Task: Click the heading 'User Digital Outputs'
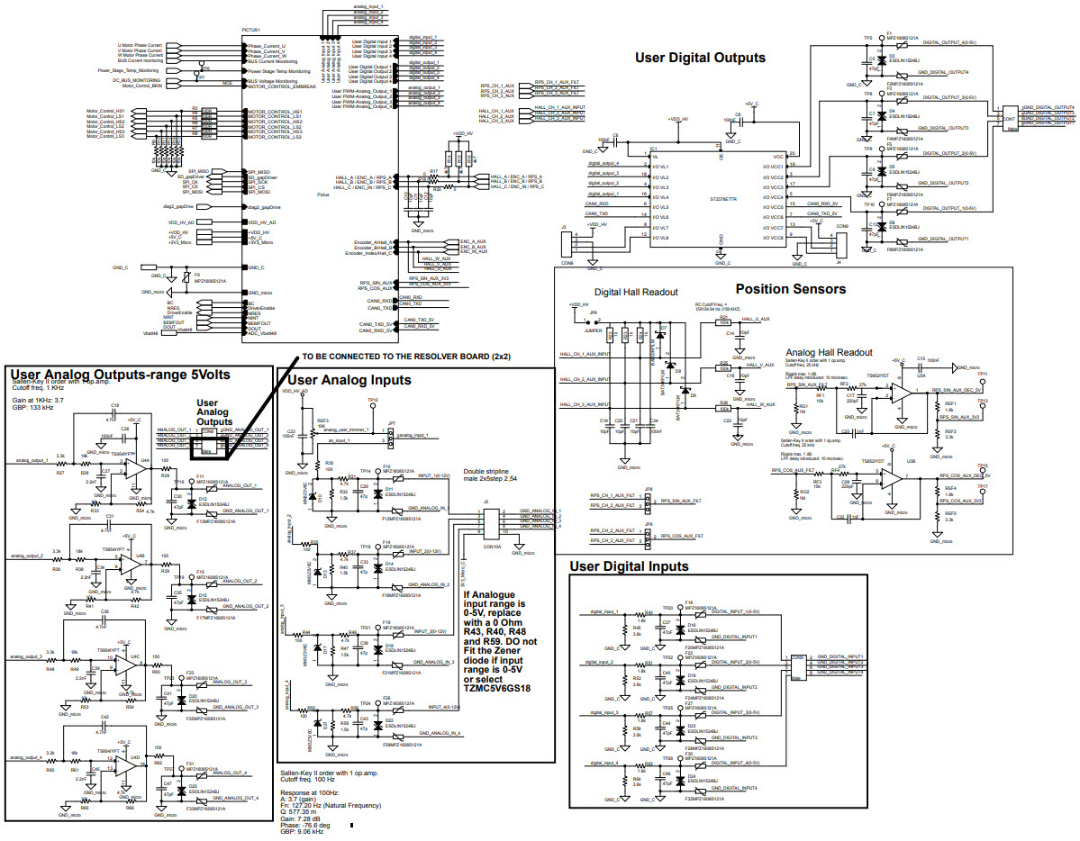[x=700, y=58]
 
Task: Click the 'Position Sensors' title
[x=790, y=289]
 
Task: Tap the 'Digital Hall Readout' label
[x=636, y=293]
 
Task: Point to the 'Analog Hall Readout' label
[x=829, y=352]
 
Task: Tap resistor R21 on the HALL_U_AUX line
[x=724, y=321]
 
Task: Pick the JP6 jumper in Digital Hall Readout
[x=594, y=318]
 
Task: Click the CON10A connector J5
[x=492, y=523]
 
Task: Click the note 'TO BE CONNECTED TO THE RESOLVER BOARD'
[x=407, y=357]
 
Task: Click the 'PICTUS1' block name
[x=251, y=30]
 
